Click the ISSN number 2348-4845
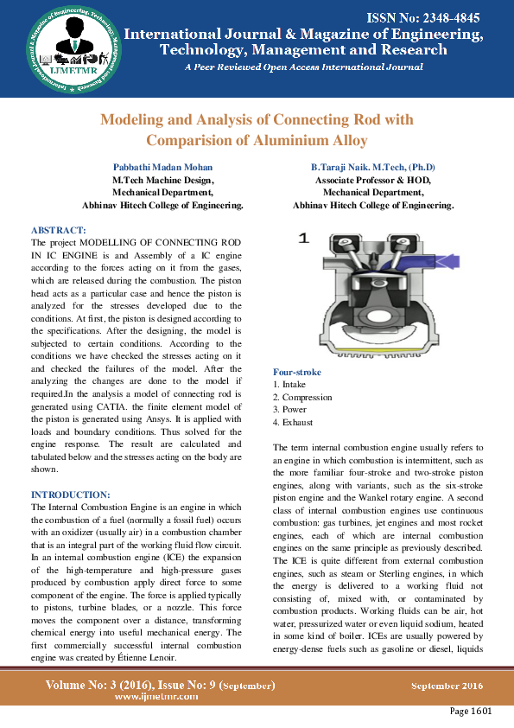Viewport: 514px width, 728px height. (x=423, y=17)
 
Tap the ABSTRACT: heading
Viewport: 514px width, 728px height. (x=59, y=230)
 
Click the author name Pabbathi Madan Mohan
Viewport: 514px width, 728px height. (x=162, y=167)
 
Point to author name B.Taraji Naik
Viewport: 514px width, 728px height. (x=373, y=167)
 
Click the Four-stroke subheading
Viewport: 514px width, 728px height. (x=296, y=372)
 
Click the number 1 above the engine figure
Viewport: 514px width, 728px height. (x=303, y=239)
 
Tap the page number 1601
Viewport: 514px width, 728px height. (x=470, y=712)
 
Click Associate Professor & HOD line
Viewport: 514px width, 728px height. (x=373, y=180)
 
